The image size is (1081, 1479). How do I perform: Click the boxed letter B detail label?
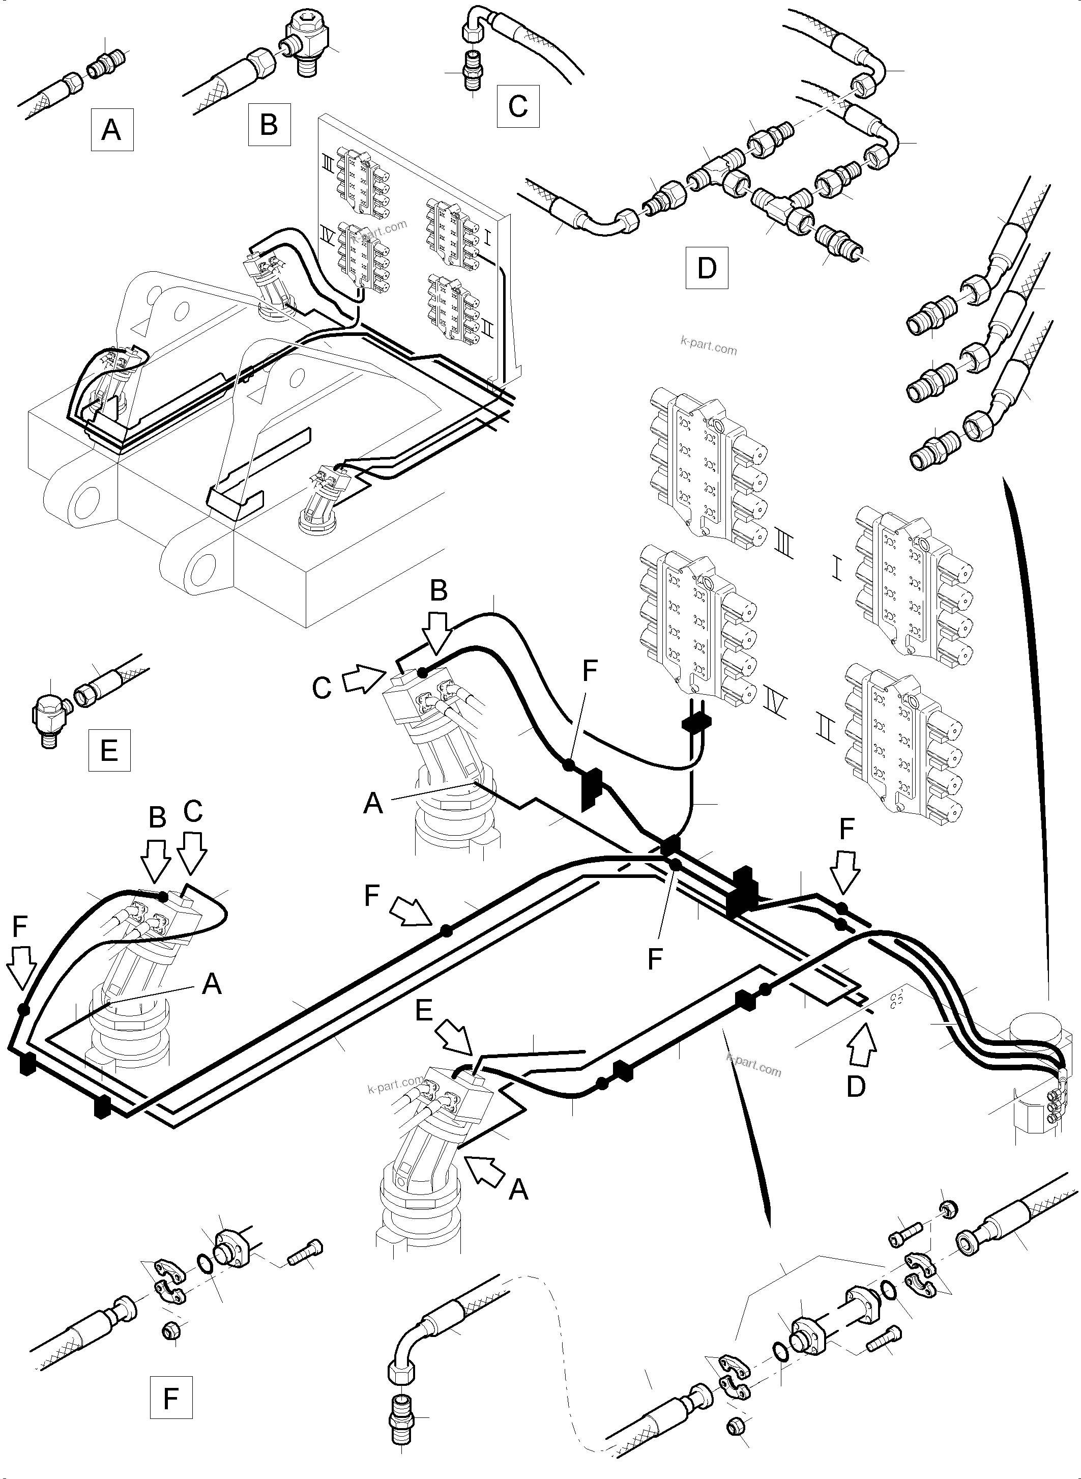click(268, 124)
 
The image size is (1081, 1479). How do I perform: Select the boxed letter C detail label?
click(517, 105)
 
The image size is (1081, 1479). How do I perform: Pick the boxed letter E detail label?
click(109, 749)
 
